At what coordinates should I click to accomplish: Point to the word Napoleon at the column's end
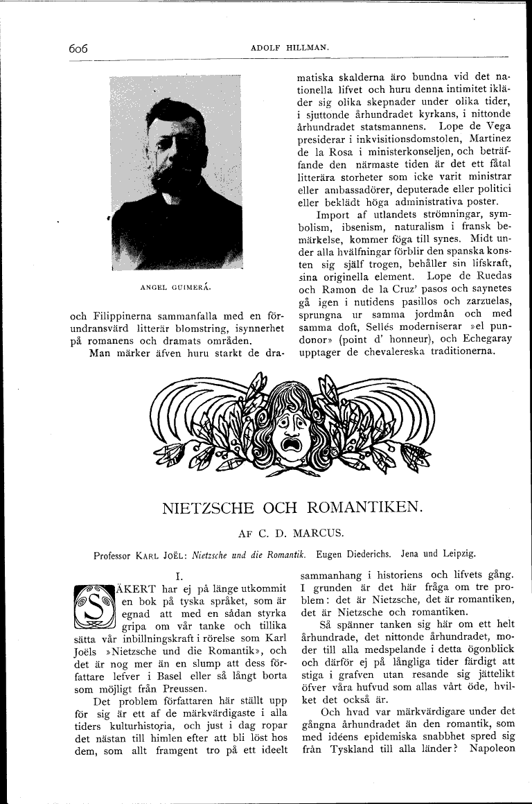coord(492,748)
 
